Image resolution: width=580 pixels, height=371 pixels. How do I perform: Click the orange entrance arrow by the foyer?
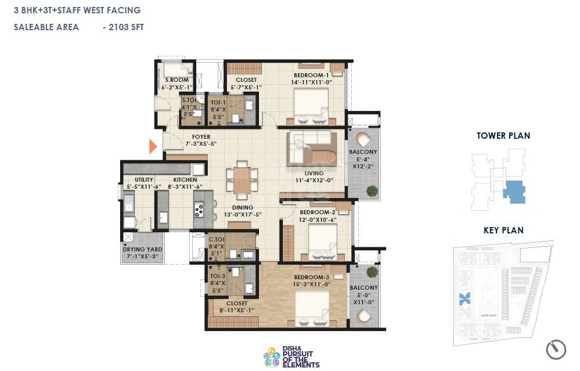[x=153, y=146]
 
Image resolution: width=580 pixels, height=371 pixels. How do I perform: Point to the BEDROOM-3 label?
[x=312, y=277]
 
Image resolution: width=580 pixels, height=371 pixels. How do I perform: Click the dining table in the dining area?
[x=243, y=180]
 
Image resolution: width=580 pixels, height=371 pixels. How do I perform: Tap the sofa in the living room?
[x=311, y=149]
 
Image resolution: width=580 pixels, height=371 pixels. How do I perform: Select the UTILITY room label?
[x=143, y=180]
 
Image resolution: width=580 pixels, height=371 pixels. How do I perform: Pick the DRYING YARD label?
[x=142, y=250]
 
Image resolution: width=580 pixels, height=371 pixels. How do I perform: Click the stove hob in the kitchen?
[x=199, y=210]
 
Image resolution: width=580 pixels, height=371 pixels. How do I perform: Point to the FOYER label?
[x=201, y=137]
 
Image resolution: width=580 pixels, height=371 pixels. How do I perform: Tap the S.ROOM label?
[x=176, y=80]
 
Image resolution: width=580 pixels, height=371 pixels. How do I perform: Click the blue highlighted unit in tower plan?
[x=514, y=192]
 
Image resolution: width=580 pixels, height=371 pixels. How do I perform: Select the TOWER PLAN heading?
[x=503, y=136]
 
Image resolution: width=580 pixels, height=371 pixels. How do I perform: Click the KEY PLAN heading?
[x=503, y=230]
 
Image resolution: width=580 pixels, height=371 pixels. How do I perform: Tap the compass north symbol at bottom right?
[x=556, y=350]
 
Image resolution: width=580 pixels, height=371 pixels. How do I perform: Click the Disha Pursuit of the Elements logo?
[x=291, y=356]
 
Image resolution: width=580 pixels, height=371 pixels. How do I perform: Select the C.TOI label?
[x=217, y=239]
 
